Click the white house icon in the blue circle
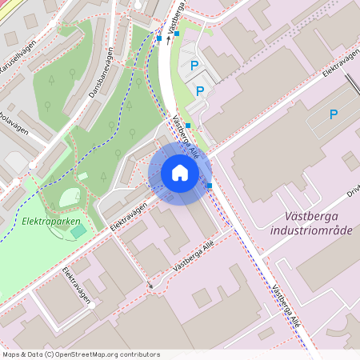coord(180,173)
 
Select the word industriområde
coord(311,230)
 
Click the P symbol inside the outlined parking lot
coord(333,114)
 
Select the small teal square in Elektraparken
coord(78,231)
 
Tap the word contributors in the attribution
coord(139,354)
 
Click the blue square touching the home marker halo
coord(210,186)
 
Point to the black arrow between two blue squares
coord(168,35)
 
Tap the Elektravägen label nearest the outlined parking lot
coord(339,70)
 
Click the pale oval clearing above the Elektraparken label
coord(66,196)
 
